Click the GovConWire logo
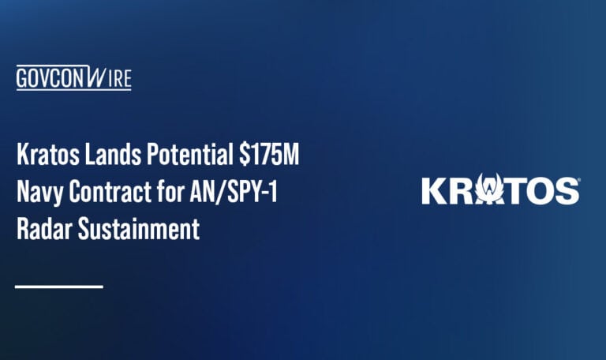click(x=73, y=79)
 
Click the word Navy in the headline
click(x=39, y=193)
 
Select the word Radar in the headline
click(x=42, y=231)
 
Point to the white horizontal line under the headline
click(x=59, y=286)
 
